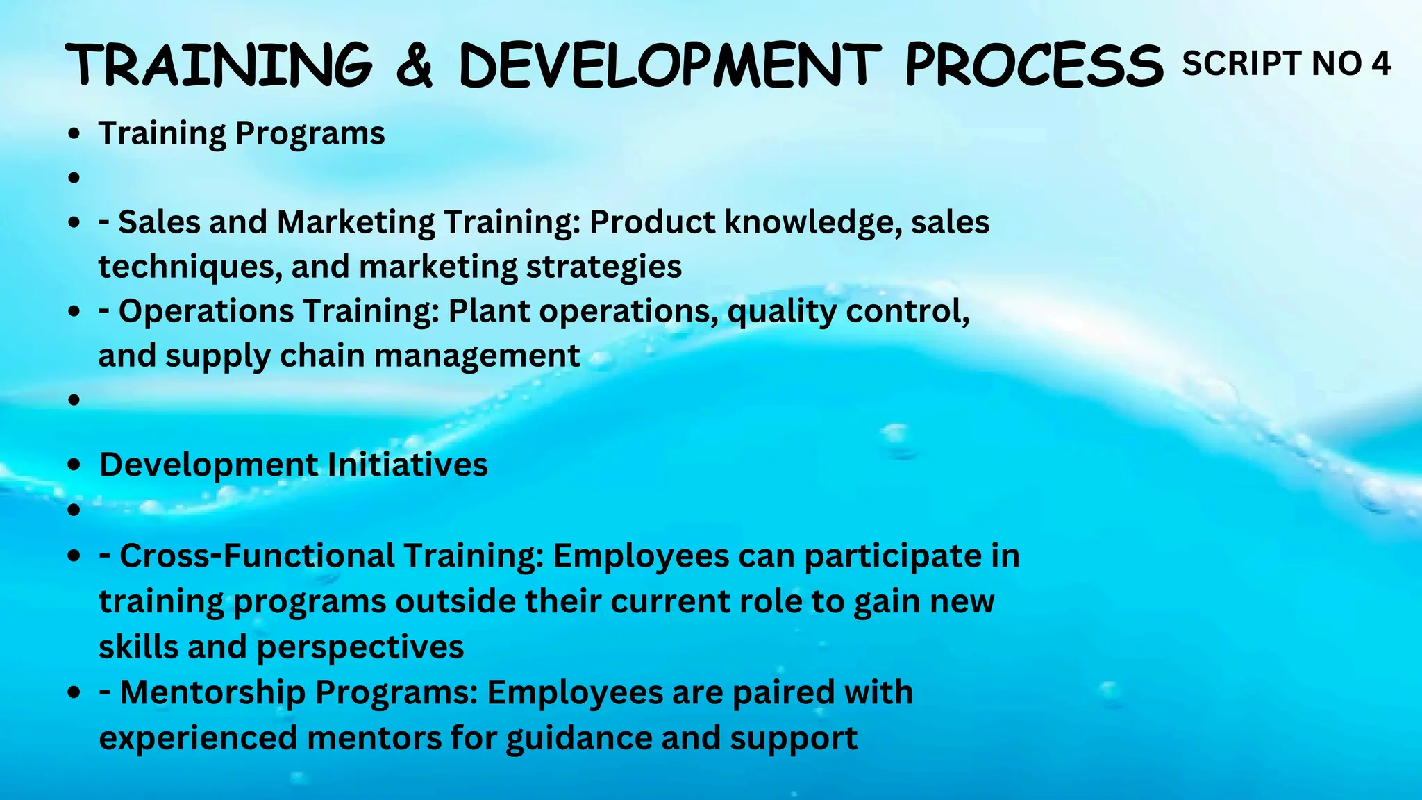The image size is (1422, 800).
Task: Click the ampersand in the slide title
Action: pos(415,65)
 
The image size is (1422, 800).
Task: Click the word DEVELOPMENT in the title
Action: pos(669,65)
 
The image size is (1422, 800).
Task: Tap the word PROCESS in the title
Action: pos(1034,65)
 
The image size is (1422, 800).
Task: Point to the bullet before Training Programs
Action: pos(74,133)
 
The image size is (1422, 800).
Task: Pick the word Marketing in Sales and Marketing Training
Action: pos(355,222)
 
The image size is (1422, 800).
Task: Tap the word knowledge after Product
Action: pos(813,222)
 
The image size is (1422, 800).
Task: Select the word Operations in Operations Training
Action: pos(206,311)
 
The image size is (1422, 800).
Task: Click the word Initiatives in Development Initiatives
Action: pos(408,465)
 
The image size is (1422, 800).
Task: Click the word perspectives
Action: pos(360,647)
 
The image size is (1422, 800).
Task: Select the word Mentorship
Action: pos(212,692)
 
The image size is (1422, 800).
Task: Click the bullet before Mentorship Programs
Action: pos(74,692)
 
